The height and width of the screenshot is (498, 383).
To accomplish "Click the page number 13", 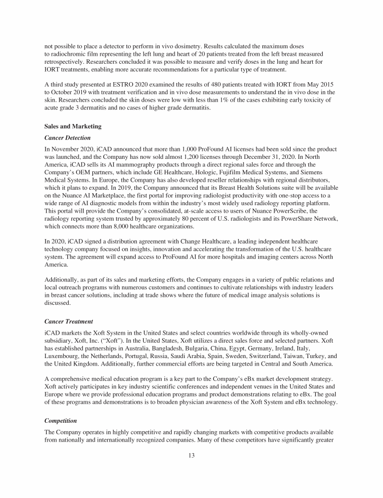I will [x=191, y=457].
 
